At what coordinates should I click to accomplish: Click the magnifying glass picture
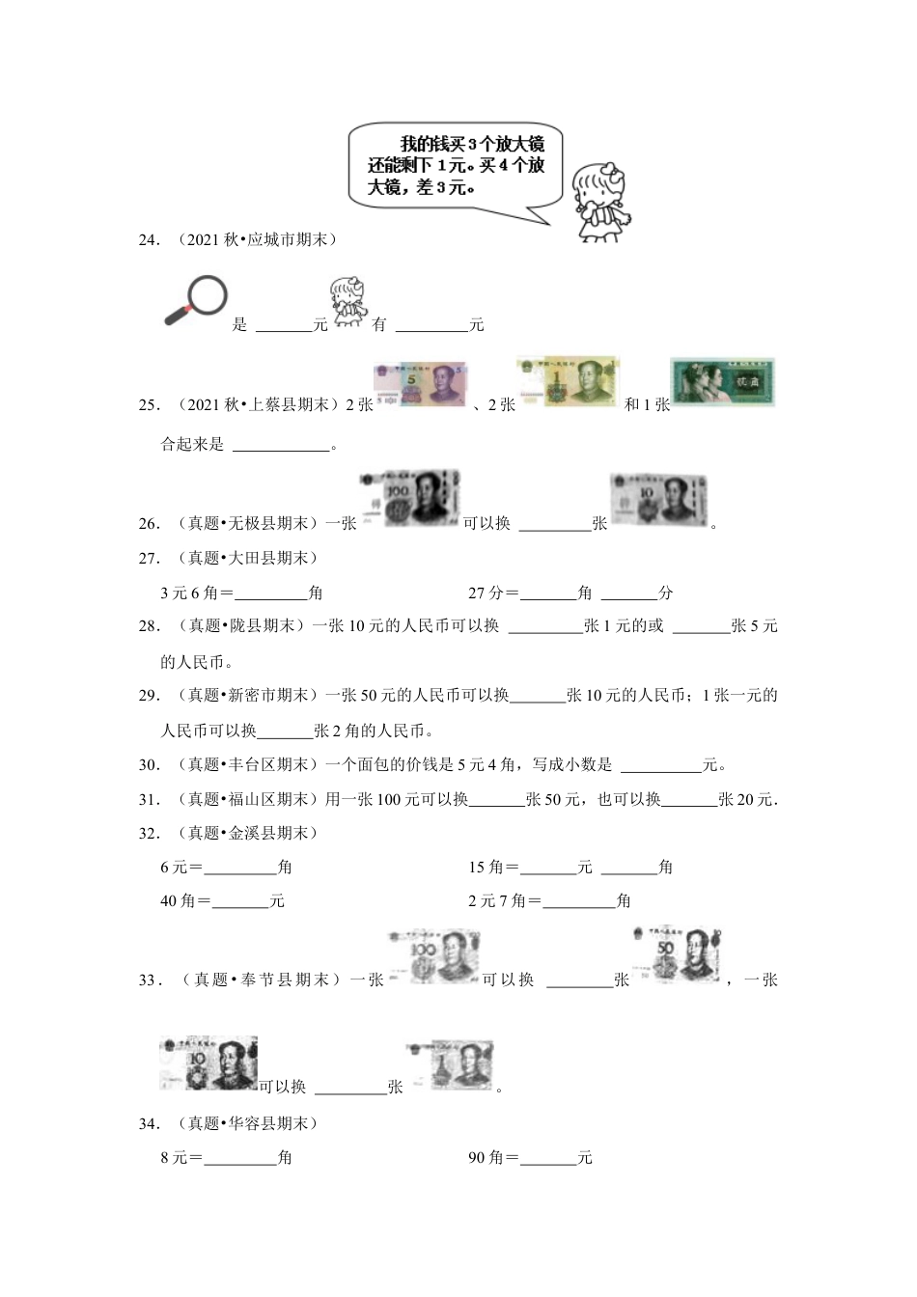pos(196,300)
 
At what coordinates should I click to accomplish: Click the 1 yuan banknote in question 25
pos(568,382)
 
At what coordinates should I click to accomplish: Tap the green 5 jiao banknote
pos(723,382)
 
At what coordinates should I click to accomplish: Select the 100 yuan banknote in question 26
pos(408,498)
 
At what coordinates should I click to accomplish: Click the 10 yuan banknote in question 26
pos(658,500)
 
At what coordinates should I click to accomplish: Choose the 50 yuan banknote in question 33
pos(677,953)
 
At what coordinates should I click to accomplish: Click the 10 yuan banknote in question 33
pos(208,1063)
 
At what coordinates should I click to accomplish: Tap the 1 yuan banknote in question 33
pos(450,1065)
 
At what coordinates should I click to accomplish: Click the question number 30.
pos(149,765)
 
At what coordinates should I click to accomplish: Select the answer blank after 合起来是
pos(281,445)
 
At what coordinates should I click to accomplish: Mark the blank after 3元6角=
pos(270,593)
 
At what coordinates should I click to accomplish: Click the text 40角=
pos(185,900)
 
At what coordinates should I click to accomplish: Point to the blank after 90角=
pos(548,1157)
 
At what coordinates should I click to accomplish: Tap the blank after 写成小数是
pos(661,765)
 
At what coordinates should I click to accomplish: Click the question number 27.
pos(149,558)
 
